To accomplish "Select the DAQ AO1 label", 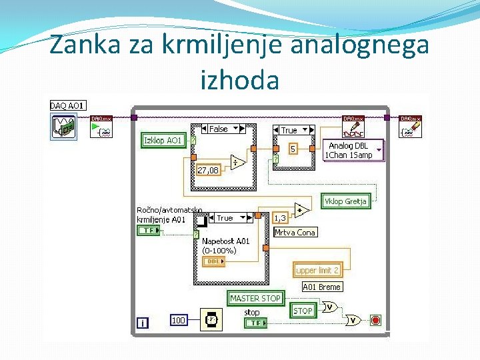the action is pyautogui.click(x=67, y=105).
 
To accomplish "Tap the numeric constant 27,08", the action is pyautogui.click(x=208, y=170).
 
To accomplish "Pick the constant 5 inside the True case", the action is pyautogui.click(x=293, y=149).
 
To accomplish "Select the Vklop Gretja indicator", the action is pyautogui.click(x=345, y=201).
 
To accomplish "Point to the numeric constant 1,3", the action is pyautogui.click(x=280, y=218).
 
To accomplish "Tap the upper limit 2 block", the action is pyautogui.click(x=317, y=270).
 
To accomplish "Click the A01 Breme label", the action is pyautogui.click(x=321, y=287).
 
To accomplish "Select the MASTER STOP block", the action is pyautogui.click(x=255, y=298).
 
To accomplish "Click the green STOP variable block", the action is pyautogui.click(x=303, y=310).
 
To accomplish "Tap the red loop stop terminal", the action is pyautogui.click(x=375, y=321).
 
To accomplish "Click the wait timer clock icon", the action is pyautogui.click(x=211, y=320).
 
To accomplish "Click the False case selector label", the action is pyautogui.click(x=219, y=129).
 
